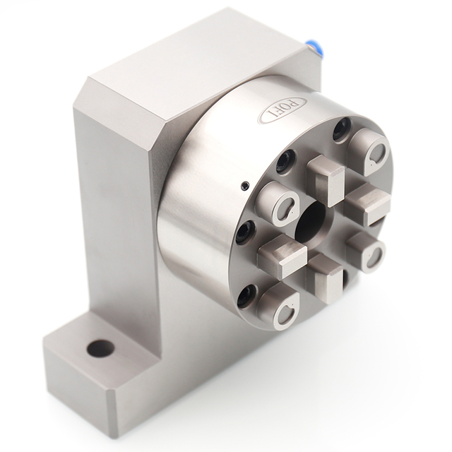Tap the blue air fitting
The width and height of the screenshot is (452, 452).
[x=312, y=51]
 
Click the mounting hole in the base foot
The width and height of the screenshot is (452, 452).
[x=100, y=348]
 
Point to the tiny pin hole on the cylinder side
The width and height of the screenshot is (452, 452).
[x=244, y=185]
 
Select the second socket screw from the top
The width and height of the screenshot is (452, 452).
[x=286, y=162]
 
